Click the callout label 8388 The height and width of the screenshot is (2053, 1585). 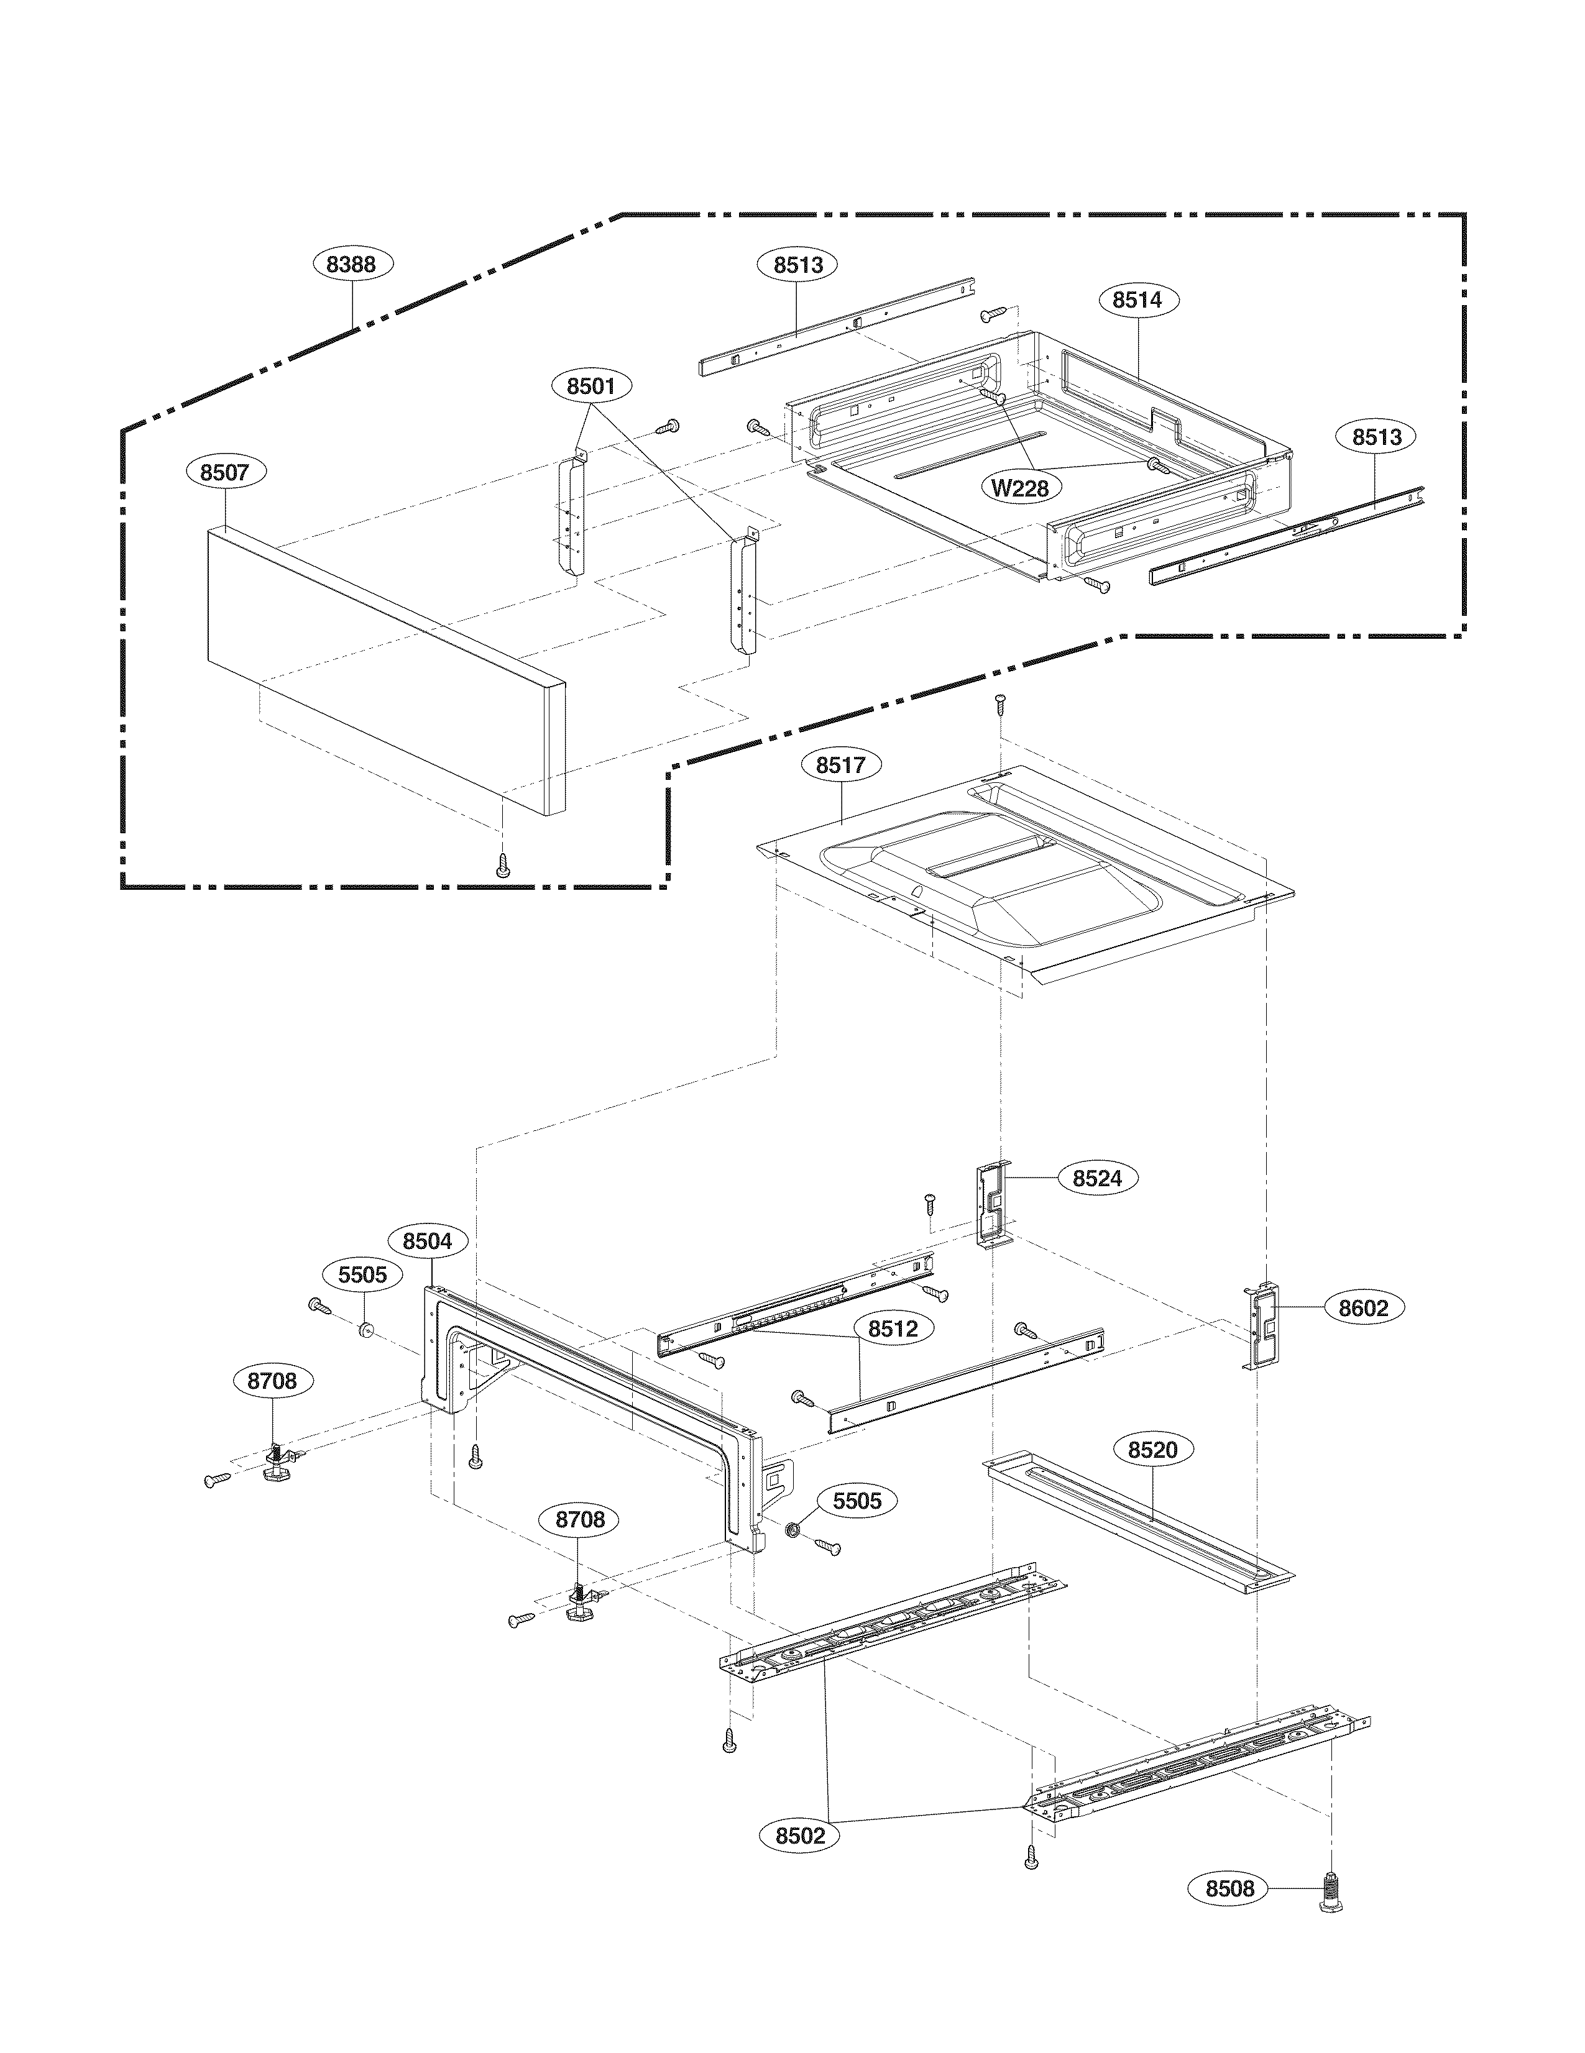click(352, 264)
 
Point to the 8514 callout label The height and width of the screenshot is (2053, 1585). click(1137, 300)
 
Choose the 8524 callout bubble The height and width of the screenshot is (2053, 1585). click(1097, 1178)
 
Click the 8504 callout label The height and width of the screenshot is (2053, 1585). click(427, 1241)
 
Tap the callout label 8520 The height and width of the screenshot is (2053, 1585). click(1152, 1450)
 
